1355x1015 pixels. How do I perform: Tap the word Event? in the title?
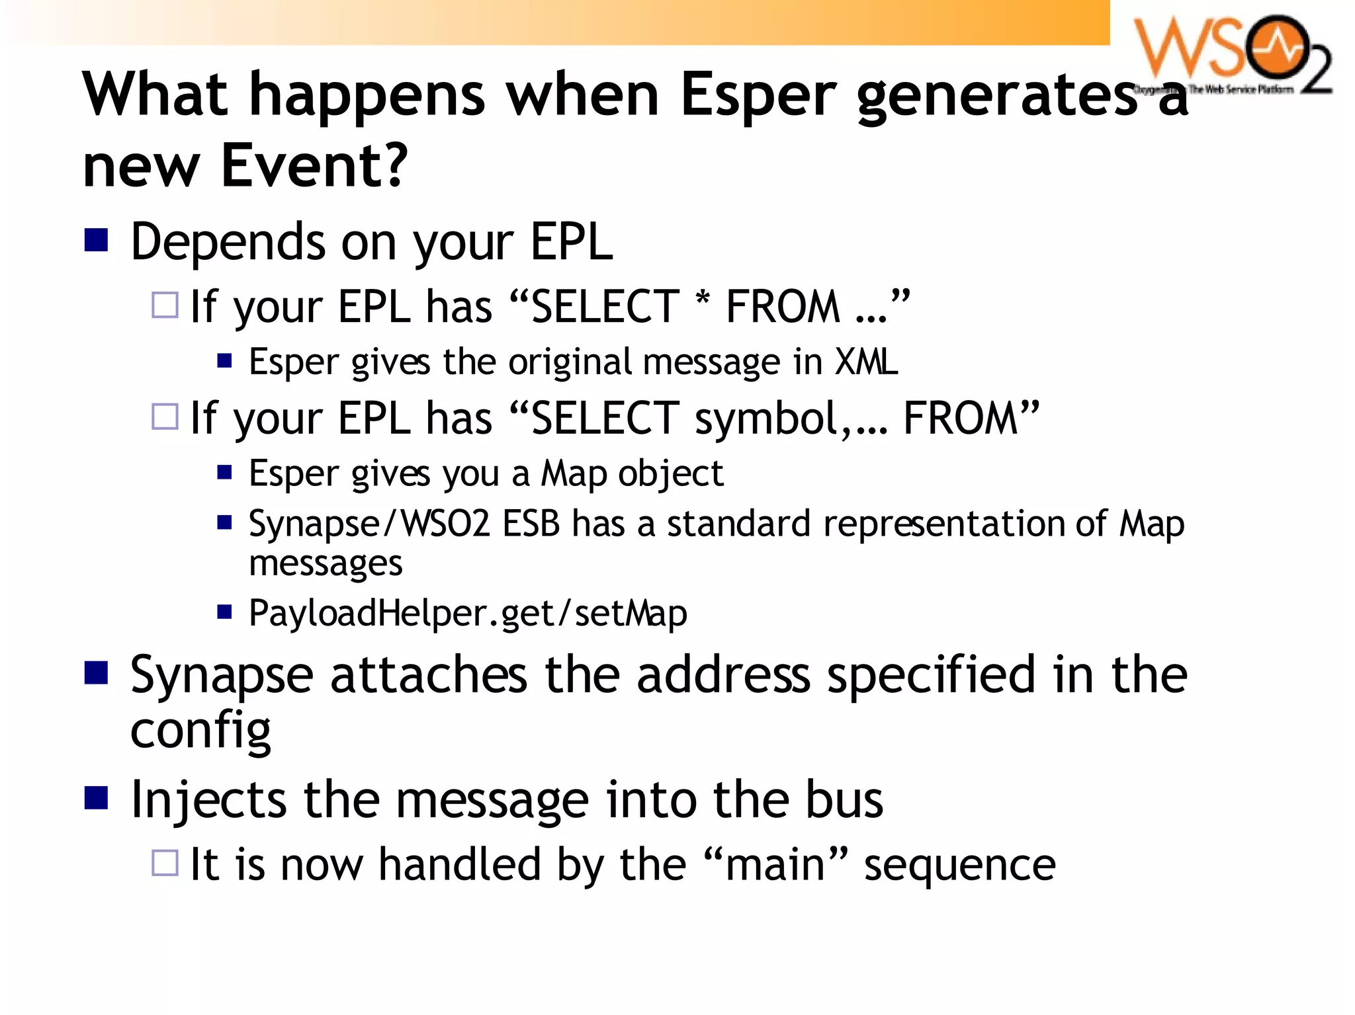314,165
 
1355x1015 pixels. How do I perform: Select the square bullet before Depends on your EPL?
97,240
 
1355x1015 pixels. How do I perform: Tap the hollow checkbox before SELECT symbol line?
165,417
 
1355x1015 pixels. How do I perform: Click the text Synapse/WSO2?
369,524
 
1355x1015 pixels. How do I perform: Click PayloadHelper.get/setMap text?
468,614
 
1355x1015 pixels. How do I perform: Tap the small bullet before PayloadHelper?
225,612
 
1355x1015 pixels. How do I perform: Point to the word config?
200,731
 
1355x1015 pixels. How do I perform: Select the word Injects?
208,801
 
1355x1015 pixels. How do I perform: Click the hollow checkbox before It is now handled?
165,863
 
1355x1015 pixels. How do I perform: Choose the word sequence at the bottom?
959,866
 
